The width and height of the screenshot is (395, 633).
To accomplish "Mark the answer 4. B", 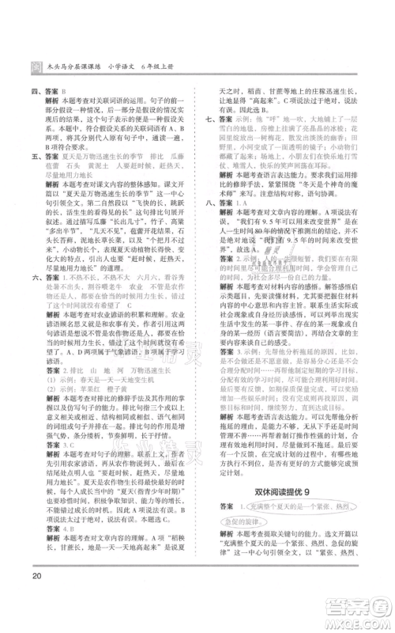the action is click(82, 537).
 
